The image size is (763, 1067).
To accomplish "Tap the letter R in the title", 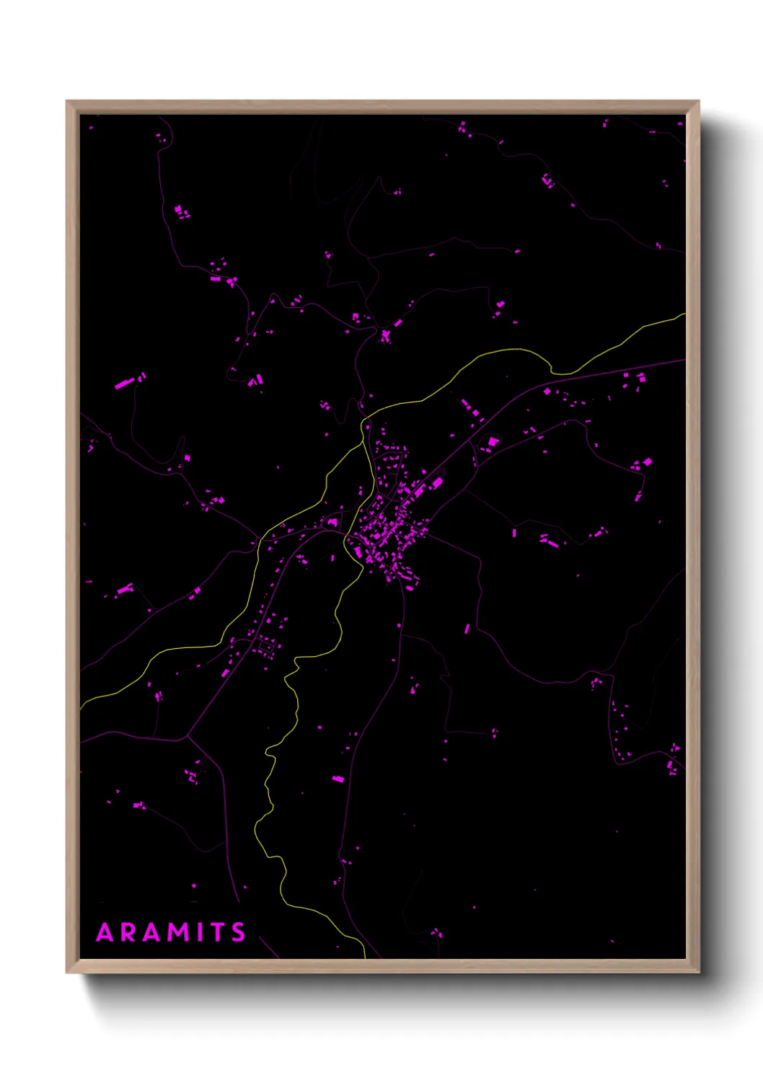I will [128, 933].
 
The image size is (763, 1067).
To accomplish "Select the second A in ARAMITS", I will [151, 933].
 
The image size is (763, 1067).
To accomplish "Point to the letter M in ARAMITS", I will [178, 933].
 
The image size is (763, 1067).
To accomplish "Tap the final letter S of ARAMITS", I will [238, 933].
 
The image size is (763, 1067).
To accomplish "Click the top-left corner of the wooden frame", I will [67, 102].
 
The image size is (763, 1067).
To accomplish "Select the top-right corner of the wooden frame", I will [698, 102].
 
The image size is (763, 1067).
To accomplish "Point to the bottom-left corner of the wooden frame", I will [67, 973].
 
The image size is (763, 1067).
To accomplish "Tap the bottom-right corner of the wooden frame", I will [698, 973].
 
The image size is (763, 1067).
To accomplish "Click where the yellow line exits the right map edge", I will [684, 314].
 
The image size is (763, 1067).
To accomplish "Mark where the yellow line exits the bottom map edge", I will [365, 957].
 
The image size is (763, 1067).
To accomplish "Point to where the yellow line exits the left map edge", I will [81, 707].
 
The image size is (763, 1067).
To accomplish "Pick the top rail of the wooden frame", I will [382, 107].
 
